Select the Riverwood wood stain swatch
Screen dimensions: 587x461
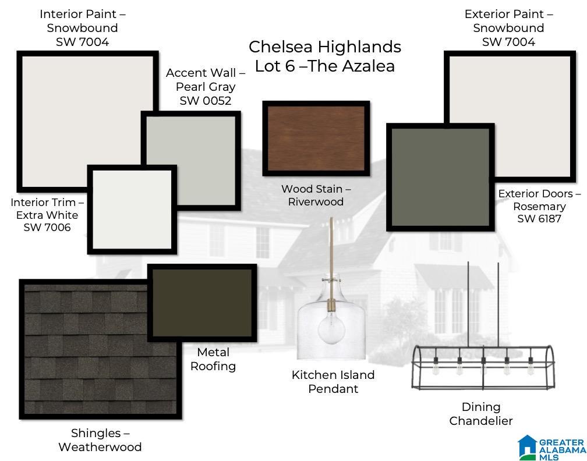coord(316,139)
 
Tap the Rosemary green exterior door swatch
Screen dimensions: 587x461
coord(440,177)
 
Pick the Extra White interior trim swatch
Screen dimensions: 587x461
coord(132,210)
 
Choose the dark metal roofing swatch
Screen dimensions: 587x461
coord(202,303)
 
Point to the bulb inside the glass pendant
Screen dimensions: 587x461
coord(331,328)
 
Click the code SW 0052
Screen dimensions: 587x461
coord(206,101)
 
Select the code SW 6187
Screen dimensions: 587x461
coord(539,218)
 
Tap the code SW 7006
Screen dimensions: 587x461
coord(47,228)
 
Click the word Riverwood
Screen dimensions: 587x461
coord(316,201)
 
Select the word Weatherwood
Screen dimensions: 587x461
coord(100,447)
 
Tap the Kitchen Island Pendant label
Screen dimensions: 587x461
coord(333,382)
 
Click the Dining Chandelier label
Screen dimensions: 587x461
coord(481,414)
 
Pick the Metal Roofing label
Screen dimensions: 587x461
coord(213,359)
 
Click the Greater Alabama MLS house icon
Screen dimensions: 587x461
coord(528,447)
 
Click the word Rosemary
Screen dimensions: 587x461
coord(539,207)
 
